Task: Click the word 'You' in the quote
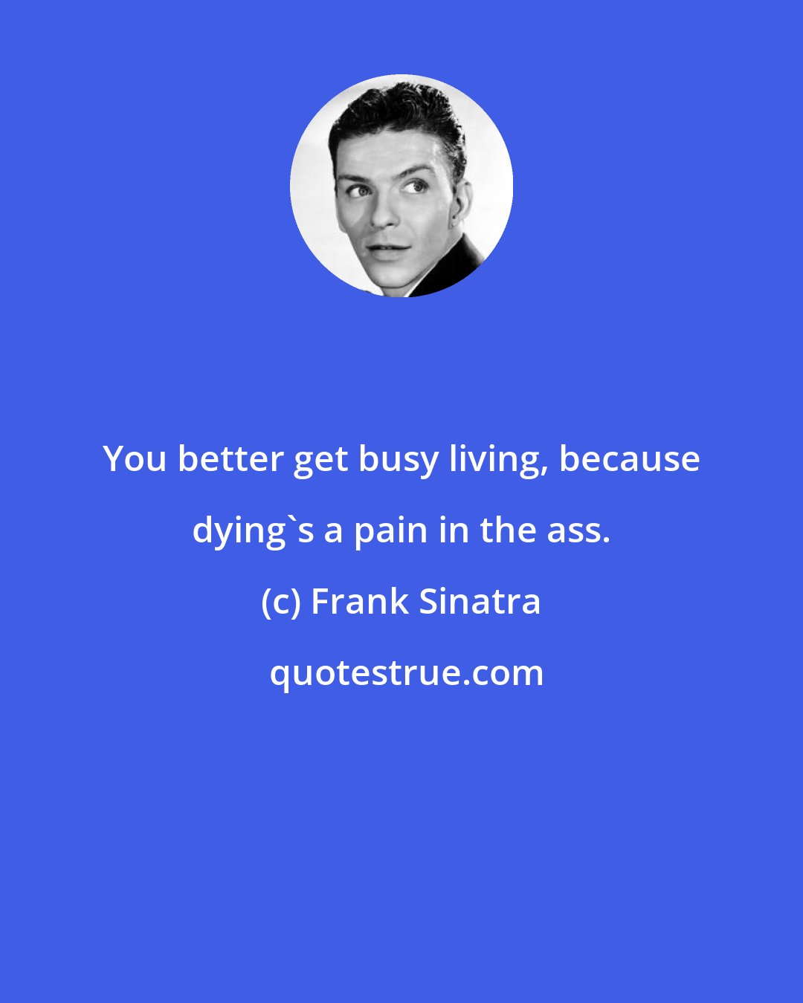click(x=135, y=459)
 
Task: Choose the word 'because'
click(x=629, y=459)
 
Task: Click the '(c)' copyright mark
click(x=281, y=602)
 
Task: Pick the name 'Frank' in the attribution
click(x=360, y=602)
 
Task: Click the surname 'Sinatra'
click(x=480, y=602)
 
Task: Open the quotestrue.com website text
click(x=406, y=673)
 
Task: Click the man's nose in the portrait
click(x=385, y=211)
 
